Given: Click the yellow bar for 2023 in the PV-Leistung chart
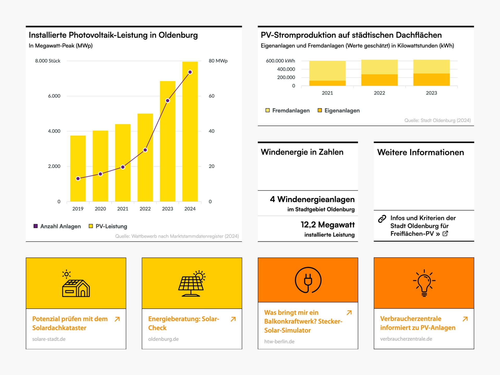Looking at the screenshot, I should click(x=167, y=146).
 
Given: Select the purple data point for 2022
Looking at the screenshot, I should click(x=145, y=150).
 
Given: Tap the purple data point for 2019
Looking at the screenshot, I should click(x=78, y=179).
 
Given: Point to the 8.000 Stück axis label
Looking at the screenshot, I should click(x=48, y=61).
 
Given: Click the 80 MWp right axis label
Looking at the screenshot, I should click(x=218, y=61).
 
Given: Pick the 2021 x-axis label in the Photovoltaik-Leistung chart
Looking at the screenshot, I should click(x=123, y=209).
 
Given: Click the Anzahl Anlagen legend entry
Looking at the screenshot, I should click(x=57, y=226).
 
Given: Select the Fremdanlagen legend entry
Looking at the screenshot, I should click(x=287, y=111).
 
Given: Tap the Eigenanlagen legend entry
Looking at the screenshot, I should click(x=339, y=111).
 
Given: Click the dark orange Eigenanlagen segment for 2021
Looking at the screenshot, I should click(x=327, y=83).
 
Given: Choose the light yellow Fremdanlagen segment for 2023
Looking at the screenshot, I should click(x=431, y=67).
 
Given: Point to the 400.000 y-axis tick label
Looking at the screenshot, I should click(x=286, y=69).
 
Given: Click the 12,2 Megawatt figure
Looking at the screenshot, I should click(x=328, y=225).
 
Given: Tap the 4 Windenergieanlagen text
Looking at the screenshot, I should click(x=312, y=199).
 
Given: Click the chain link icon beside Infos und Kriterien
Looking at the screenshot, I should click(x=382, y=219).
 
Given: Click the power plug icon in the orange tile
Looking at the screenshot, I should click(x=308, y=280).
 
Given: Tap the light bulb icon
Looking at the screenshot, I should click(x=424, y=283).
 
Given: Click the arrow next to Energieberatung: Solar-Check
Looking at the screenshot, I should click(x=233, y=319).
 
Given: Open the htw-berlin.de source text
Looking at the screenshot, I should click(x=279, y=342).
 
